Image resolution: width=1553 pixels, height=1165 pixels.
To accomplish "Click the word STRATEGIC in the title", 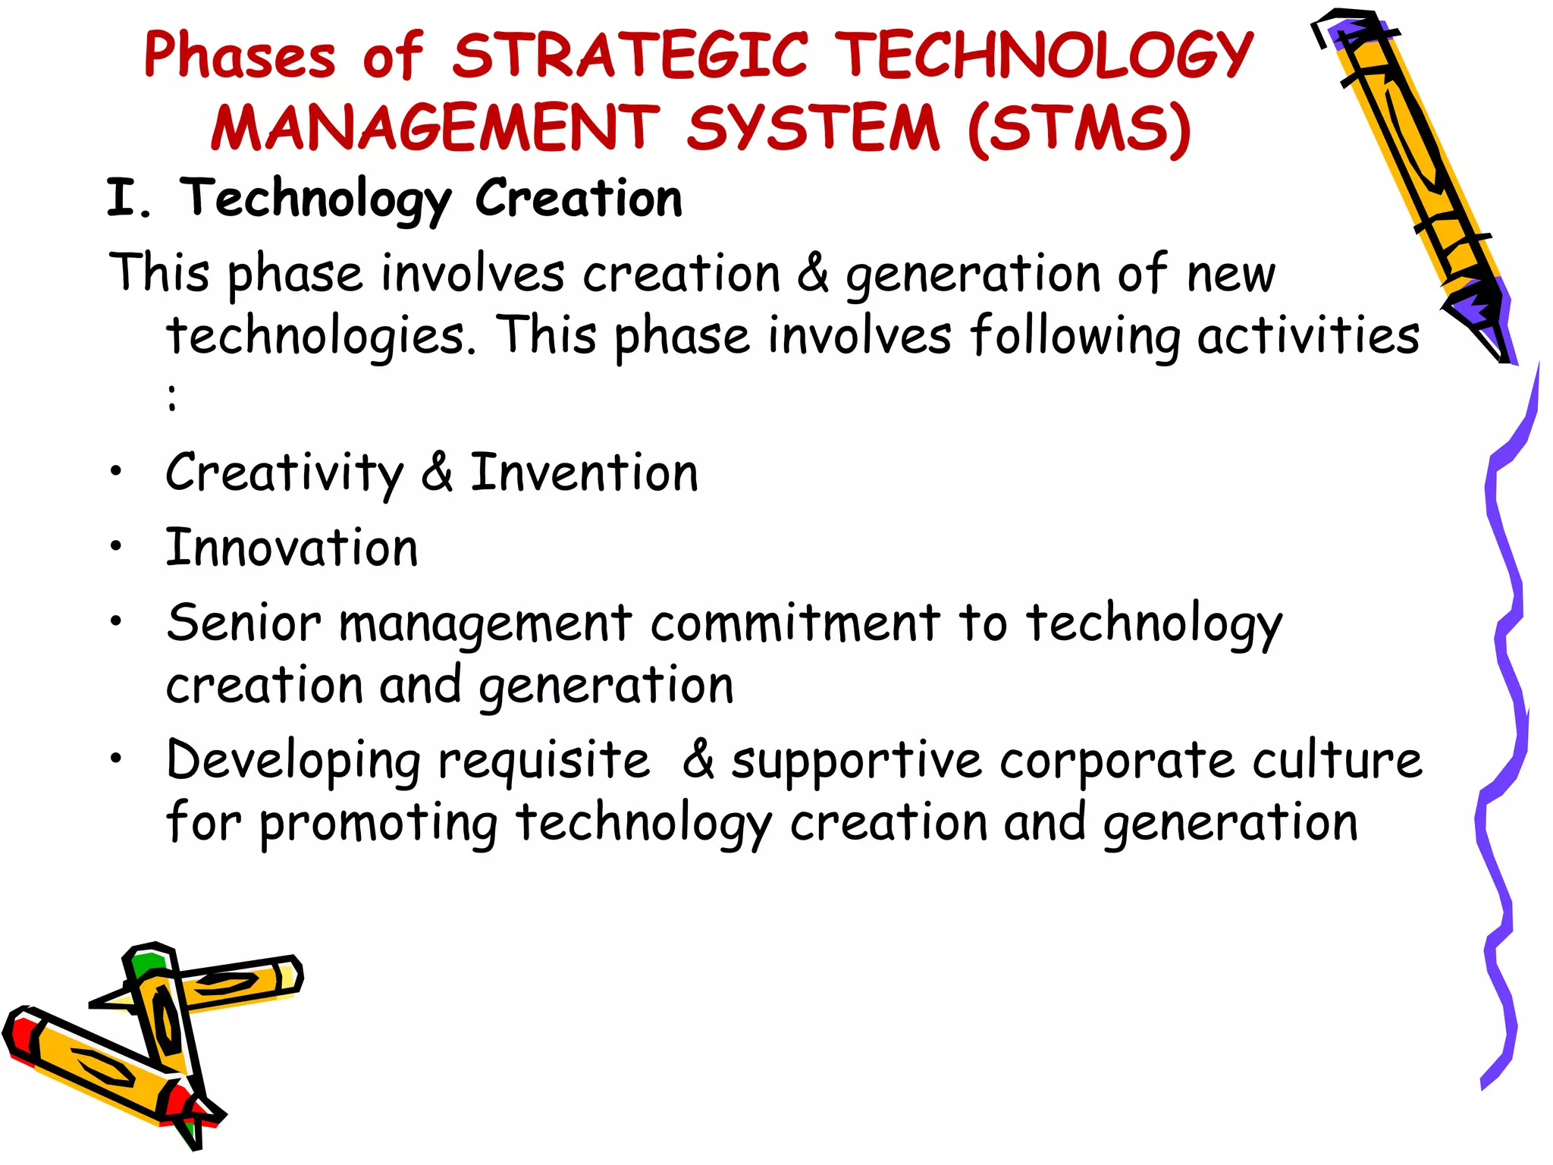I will point(630,55).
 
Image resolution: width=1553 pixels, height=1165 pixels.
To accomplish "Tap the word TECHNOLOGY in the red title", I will point(1048,55).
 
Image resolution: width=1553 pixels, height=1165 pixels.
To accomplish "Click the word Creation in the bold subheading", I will point(579,199).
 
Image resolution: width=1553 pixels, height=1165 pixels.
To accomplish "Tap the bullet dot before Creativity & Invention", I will point(115,472).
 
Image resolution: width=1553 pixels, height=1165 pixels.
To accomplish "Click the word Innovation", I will point(292,548).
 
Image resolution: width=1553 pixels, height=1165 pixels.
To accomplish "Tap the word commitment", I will point(795,623).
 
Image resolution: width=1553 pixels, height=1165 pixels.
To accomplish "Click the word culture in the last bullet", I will point(1337,760).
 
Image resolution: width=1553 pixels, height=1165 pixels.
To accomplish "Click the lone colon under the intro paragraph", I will point(173,397).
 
